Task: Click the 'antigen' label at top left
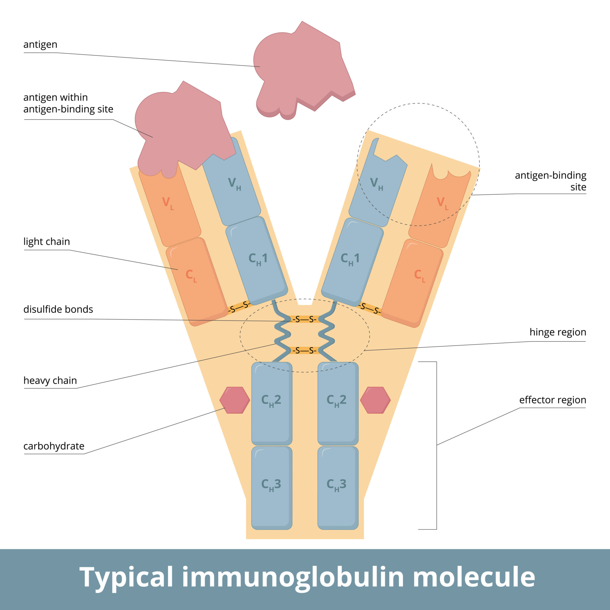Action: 40,44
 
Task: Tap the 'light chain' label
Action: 46,242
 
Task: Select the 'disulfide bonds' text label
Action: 58,309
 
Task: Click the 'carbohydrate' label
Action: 54,446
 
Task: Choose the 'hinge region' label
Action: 558,332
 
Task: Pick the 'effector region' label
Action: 553,400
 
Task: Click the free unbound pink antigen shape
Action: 303,69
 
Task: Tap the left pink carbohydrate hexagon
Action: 235,400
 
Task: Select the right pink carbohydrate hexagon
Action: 375,400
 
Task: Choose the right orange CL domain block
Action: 414,283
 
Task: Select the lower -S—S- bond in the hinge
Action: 304,351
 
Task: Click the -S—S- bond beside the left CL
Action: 239,307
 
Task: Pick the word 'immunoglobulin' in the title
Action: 292,577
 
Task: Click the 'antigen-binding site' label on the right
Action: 550,181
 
